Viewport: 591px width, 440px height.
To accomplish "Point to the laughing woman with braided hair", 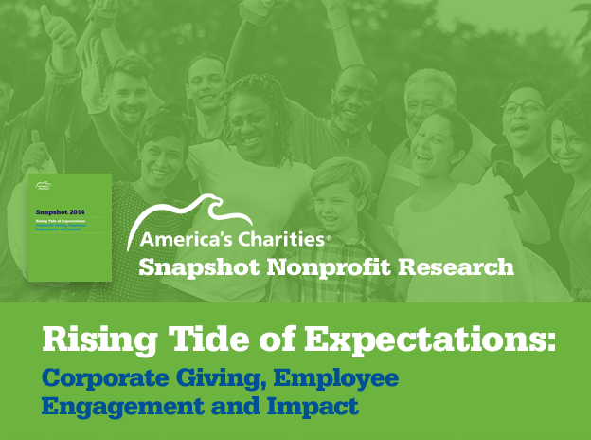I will pyautogui.click(x=252, y=123).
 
